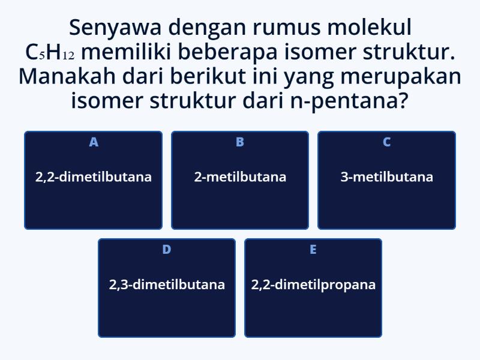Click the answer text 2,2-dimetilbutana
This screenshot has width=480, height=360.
click(93, 177)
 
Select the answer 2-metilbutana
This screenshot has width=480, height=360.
click(240, 177)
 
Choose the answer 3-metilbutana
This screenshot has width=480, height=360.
click(386, 177)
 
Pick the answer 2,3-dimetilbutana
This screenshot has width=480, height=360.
click(167, 284)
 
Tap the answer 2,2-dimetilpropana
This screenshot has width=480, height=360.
click(313, 284)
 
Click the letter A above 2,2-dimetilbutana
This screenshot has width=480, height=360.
click(94, 142)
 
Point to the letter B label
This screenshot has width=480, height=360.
click(240, 142)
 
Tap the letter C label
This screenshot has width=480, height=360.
click(386, 142)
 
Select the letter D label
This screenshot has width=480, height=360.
click(167, 250)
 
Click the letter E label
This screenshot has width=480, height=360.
click(313, 250)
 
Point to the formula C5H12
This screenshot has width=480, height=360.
click(50, 53)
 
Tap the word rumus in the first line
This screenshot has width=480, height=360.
click(280, 28)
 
